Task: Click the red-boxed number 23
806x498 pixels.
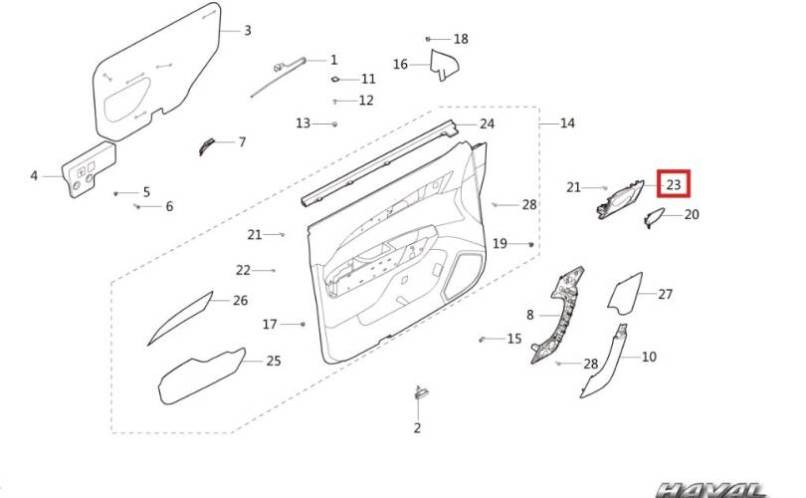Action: click(x=673, y=184)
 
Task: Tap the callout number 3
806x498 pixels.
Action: click(x=247, y=30)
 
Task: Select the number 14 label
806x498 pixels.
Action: click(x=567, y=124)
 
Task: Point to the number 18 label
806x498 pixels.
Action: click(x=460, y=39)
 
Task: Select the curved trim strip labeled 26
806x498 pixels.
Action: click(x=181, y=318)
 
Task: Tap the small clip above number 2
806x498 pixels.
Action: click(x=419, y=392)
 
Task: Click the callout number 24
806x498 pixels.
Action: click(x=487, y=124)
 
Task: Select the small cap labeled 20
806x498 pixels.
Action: click(x=655, y=219)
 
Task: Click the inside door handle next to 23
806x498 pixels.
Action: click(x=618, y=199)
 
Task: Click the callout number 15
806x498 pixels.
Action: click(x=513, y=339)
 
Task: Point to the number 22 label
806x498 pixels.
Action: click(x=243, y=270)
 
